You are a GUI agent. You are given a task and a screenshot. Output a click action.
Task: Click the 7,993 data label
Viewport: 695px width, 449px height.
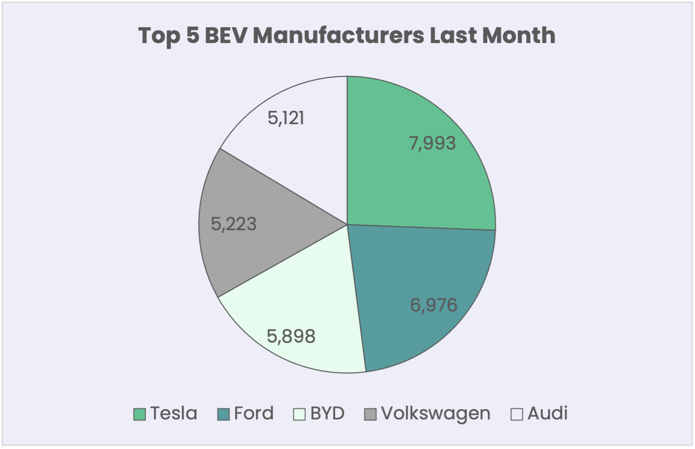[x=432, y=143]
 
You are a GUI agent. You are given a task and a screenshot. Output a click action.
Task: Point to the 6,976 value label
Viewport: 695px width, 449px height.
[x=433, y=305]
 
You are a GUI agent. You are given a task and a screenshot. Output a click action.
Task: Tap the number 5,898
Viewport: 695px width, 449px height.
[x=291, y=336]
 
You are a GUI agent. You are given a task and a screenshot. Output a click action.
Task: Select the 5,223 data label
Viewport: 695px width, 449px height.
[x=234, y=224]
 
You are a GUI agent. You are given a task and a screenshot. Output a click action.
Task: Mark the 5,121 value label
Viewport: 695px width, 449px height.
[x=286, y=118]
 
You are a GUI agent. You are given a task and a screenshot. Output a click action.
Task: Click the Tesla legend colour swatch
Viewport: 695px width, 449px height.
[x=140, y=414]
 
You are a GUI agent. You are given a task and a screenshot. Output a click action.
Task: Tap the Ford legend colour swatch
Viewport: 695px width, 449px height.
[x=224, y=414]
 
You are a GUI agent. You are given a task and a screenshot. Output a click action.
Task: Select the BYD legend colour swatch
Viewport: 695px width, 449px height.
[x=300, y=414]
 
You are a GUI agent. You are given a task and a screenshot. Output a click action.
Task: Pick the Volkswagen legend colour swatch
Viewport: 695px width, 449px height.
[x=370, y=414]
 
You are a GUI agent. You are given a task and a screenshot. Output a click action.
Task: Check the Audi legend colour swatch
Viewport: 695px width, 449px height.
[x=517, y=414]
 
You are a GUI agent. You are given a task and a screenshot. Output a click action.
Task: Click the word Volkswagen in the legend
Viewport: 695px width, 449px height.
[x=436, y=414]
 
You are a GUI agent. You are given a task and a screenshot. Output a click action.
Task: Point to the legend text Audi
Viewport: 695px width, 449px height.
[x=547, y=414]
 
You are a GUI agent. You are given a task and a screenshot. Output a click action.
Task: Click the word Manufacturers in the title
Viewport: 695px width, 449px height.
[x=338, y=35]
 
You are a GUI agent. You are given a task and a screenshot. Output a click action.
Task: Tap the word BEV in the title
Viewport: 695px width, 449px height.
[x=225, y=35]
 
